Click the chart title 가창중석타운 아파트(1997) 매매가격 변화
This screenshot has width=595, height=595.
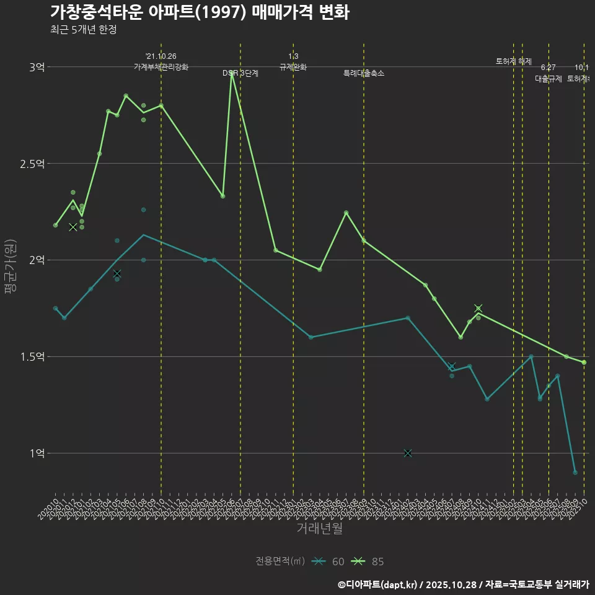(x=199, y=12)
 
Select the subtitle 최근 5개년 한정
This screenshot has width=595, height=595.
(x=83, y=30)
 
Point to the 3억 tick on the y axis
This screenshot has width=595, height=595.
(x=37, y=67)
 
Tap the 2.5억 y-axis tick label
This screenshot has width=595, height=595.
(x=32, y=164)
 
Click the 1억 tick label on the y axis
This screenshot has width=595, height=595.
(x=37, y=454)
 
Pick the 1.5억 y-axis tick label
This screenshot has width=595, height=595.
(x=32, y=357)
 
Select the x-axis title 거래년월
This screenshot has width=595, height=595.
(x=319, y=529)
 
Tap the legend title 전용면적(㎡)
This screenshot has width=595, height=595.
(x=280, y=562)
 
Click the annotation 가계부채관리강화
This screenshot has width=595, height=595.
(x=161, y=67)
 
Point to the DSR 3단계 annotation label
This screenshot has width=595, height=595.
(x=240, y=73)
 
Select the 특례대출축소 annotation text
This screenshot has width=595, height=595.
(x=364, y=73)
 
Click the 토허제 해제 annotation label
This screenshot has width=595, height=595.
(x=514, y=61)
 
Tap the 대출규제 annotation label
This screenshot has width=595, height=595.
(x=548, y=79)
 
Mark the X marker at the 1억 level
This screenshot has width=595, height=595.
(x=408, y=454)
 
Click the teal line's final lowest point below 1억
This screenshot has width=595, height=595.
(x=575, y=473)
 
